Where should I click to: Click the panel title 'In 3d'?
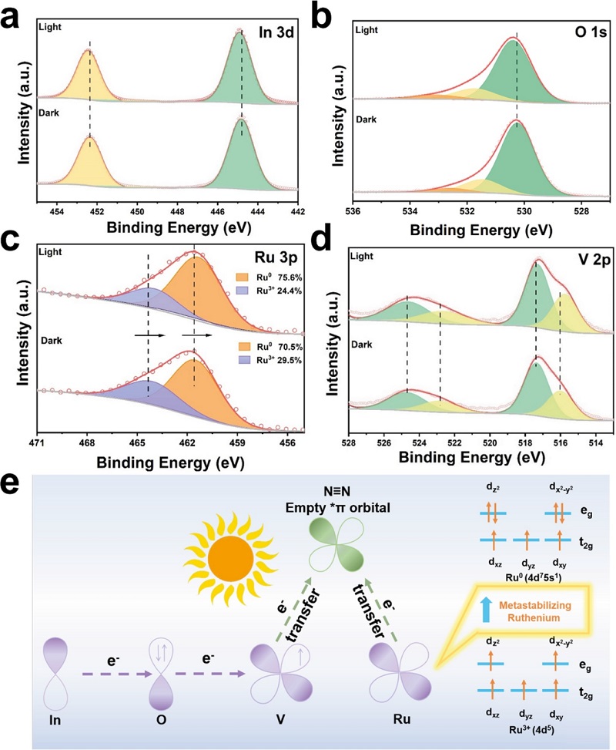point(276,32)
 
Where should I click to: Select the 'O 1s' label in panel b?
point(591,32)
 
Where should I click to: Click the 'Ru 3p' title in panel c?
point(275,257)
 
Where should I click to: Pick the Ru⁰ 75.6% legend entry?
point(269,277)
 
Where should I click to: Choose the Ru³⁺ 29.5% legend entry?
point(269,360)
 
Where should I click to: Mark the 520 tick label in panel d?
point(490,443)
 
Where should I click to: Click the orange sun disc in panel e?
point(230,558)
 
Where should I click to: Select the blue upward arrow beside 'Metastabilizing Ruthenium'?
point(486,610)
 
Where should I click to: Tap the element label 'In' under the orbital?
point(55,719)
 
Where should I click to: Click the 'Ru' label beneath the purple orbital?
point(401,719)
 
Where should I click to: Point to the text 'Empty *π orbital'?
point(337,507)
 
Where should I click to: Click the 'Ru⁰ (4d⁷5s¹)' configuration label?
point(533,578)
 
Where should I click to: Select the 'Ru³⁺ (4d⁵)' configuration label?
point(531,730)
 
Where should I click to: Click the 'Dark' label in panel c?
point(51,341)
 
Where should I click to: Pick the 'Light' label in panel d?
point(362,257)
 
